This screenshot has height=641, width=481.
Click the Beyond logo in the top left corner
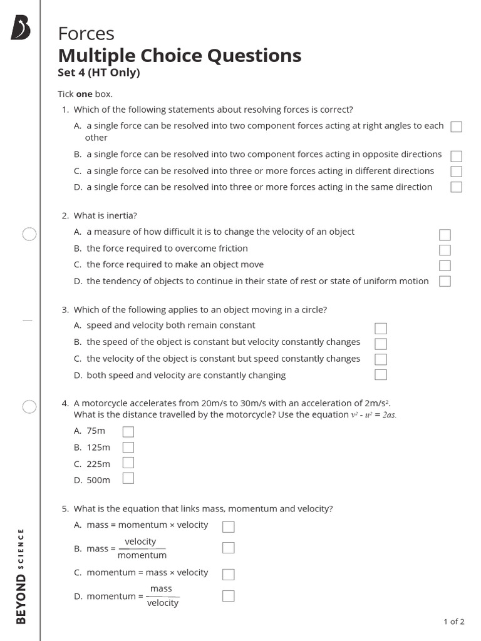[20, 29]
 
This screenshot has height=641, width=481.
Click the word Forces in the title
[86, 33]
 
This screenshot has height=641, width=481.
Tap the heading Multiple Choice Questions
[179, 55]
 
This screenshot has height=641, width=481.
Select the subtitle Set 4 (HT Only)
[98, 73]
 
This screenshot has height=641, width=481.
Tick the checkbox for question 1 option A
[457, 127]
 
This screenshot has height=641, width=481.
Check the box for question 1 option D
[457, 187]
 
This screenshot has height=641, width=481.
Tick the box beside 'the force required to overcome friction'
[445, 250]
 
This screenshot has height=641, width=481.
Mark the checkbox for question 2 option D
[445, 281]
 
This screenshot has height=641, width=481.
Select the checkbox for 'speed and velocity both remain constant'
[381, 328]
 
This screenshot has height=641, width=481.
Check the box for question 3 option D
[381, 375]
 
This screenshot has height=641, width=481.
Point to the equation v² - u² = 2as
[373, 415]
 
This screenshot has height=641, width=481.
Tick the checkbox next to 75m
[128, 431]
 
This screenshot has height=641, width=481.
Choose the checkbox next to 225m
[128, 463]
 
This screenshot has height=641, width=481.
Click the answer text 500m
[98, 480]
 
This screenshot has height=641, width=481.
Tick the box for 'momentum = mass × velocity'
[229, 574]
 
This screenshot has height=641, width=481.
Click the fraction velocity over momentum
[142, 548]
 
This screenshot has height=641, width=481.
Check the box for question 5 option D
[229, 595]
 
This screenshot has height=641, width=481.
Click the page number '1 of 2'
[453, 622]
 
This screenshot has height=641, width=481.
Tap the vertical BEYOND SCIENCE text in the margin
[21, 576]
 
